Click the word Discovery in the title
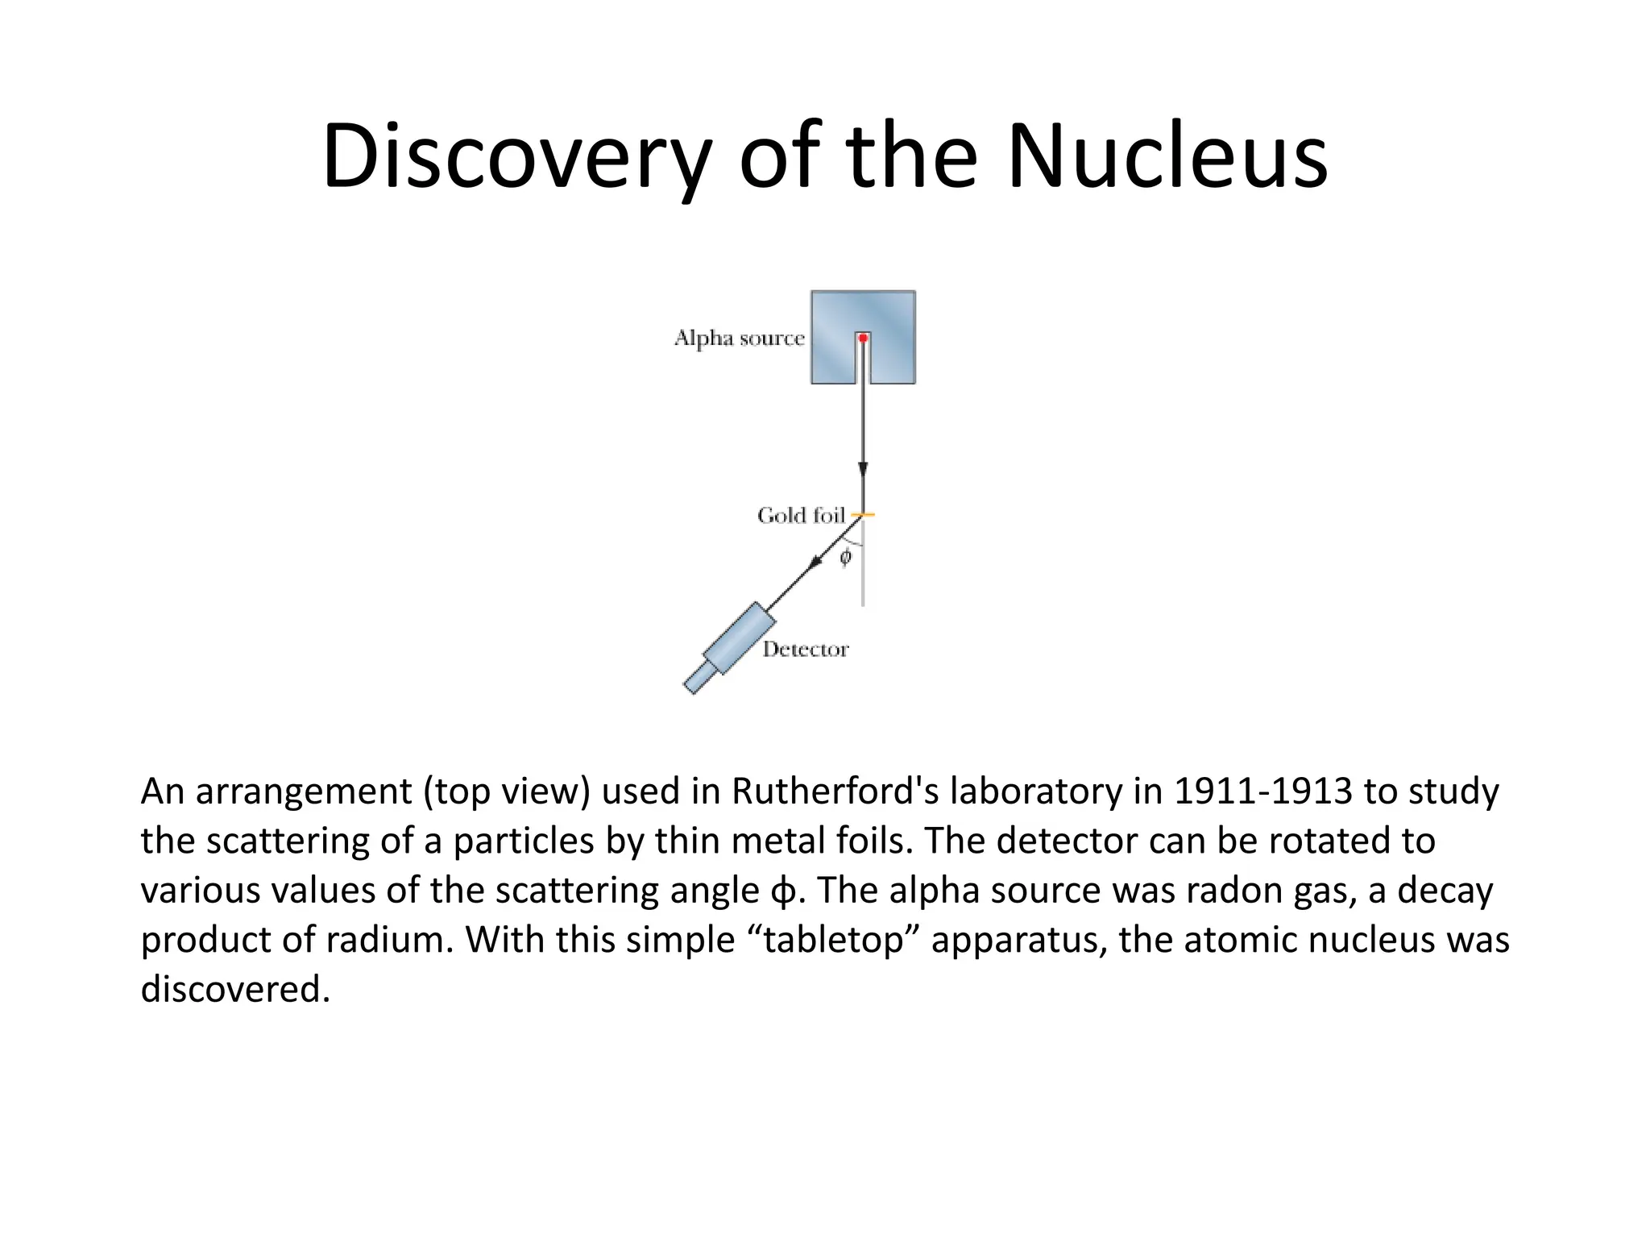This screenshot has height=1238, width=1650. (516, 156)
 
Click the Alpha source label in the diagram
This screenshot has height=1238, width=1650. (739, 338)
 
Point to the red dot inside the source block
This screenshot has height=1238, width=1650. (863, 338)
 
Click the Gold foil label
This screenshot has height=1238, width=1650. (801, 515)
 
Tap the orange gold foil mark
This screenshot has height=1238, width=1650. (863, 514)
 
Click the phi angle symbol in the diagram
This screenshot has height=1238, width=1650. (845, 557)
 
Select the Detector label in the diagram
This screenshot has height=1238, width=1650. (806, 650)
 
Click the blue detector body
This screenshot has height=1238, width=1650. (739, 638)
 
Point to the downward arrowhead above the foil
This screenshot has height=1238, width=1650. (863, 469)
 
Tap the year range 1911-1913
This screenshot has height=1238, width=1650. (1262, 791)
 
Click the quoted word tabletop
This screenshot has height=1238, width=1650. (833, 940)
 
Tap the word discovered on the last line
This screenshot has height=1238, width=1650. (235, 989)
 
